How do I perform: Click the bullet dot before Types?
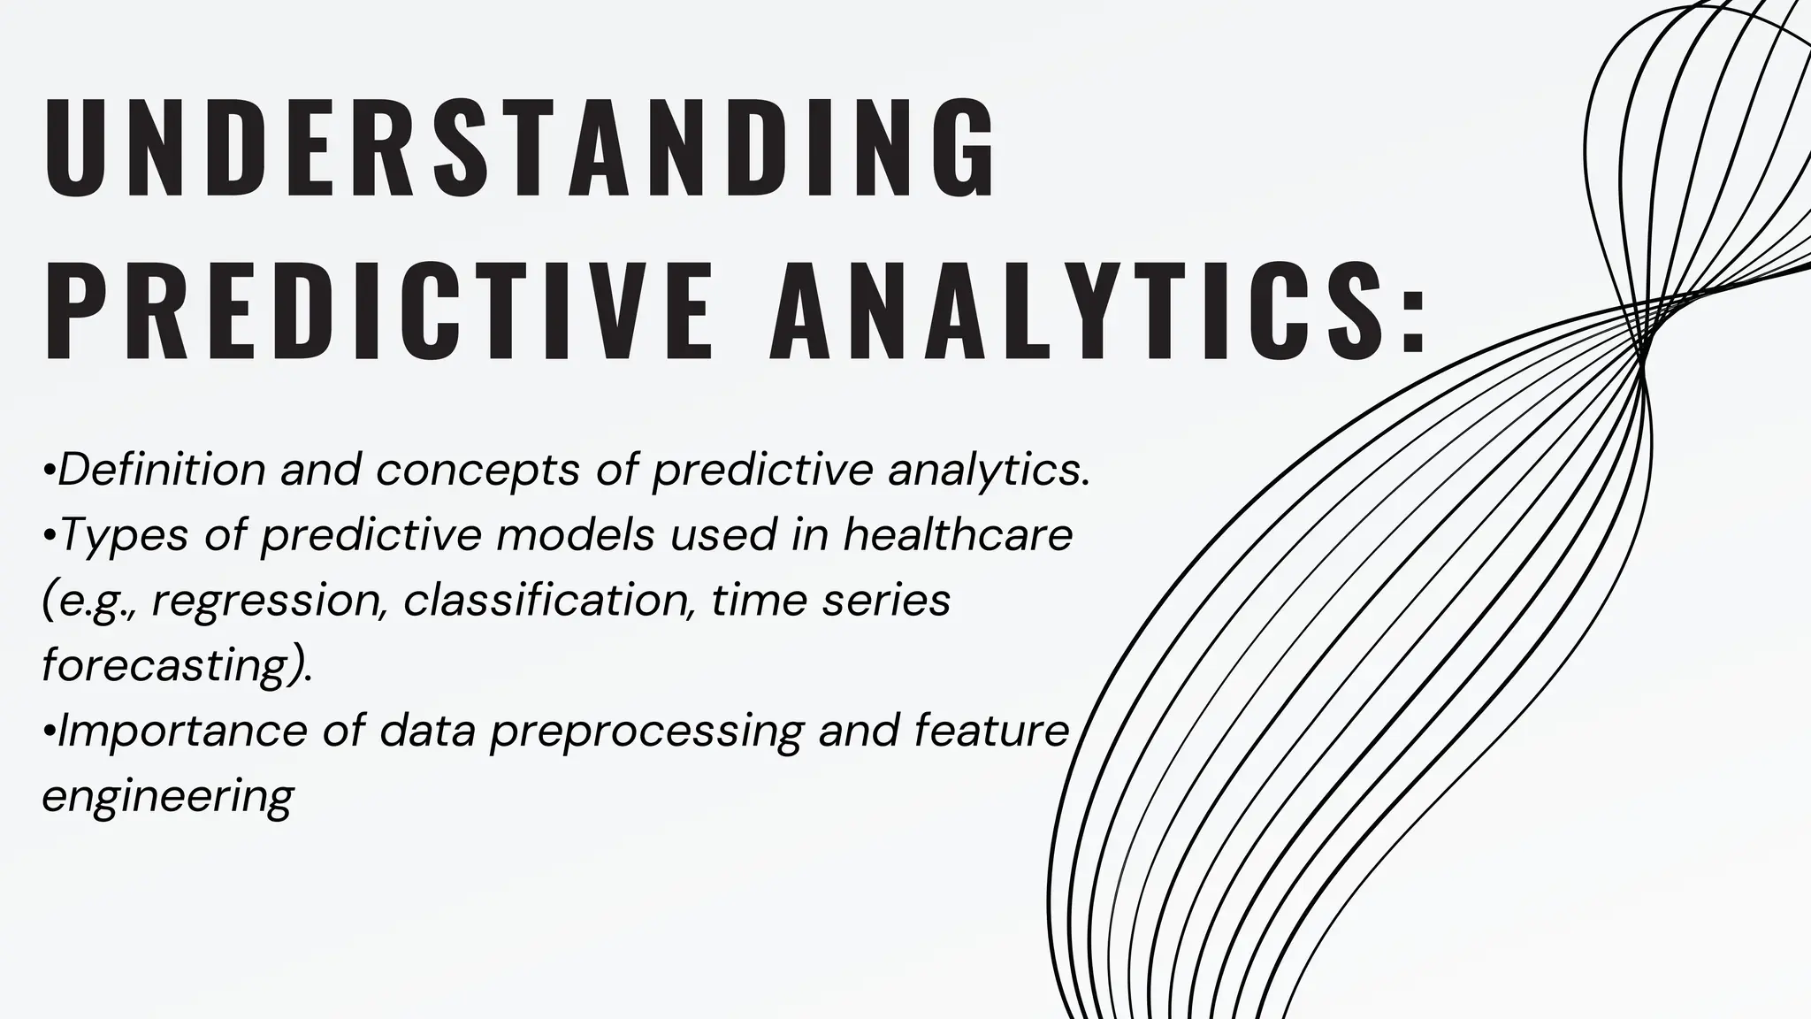click(49, 535)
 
